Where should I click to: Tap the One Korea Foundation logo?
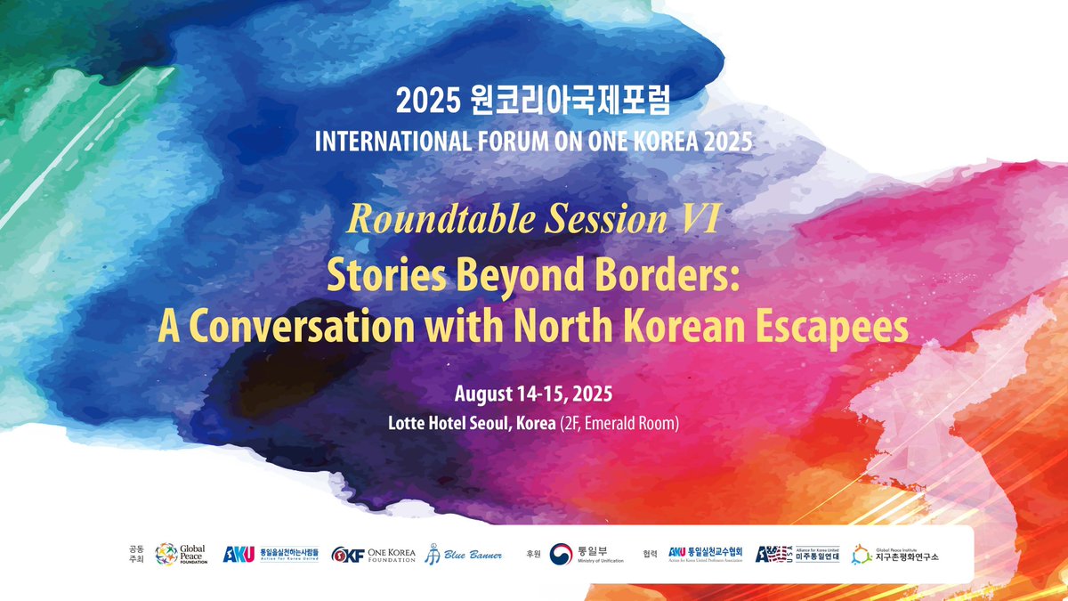coord(373,555)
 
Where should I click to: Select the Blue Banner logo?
coord(463,555)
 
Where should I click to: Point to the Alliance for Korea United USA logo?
coord(797,554)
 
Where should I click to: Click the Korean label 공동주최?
coord(135,555)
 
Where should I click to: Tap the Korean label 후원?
coord(534,553)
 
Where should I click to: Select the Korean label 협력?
coord(650,553)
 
